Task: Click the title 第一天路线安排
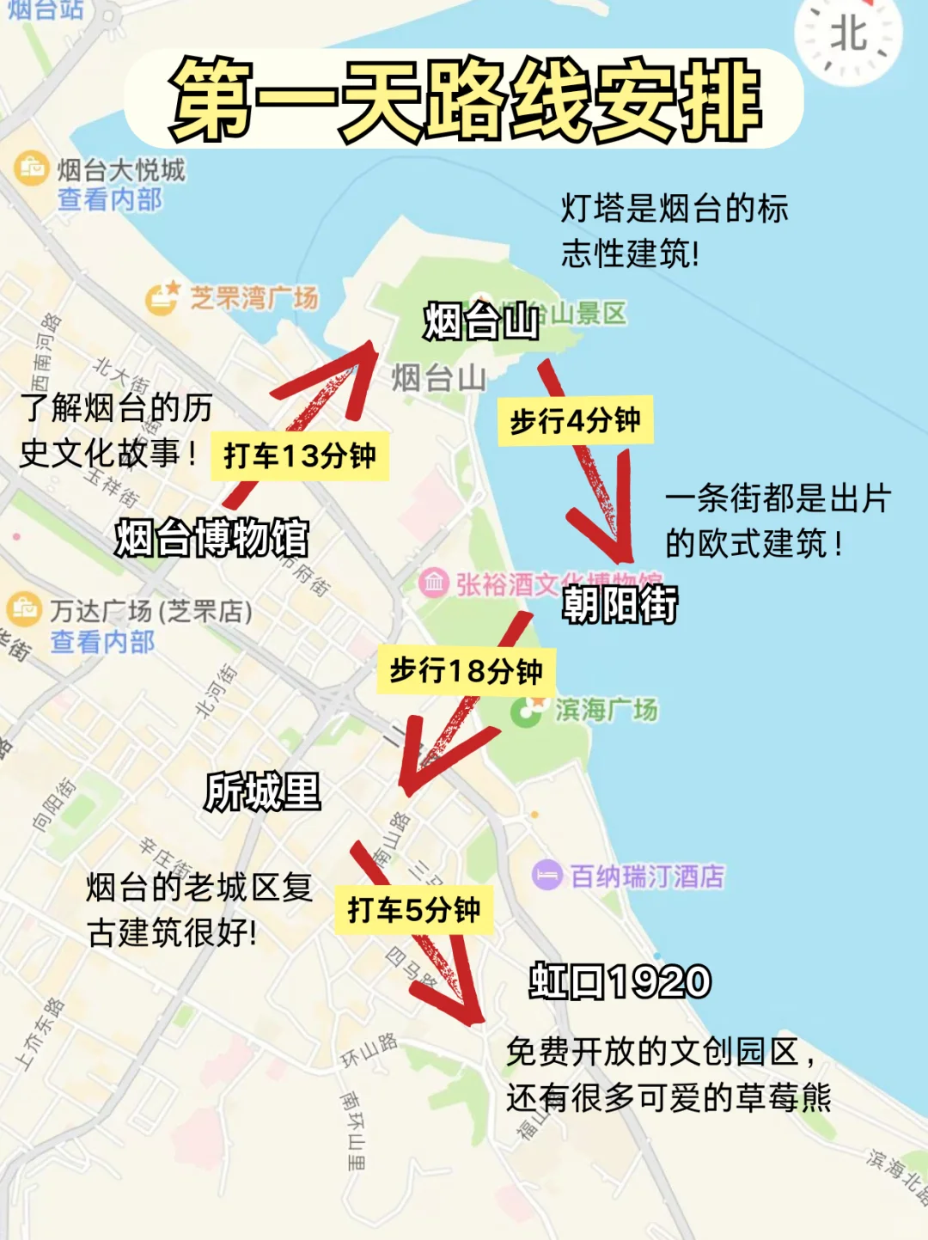(464, 100)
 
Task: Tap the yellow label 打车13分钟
(299, 455)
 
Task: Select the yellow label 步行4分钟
(575, 420)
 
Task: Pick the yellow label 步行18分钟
(466, 670)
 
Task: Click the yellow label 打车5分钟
(413, 909)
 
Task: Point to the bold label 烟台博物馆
(211, 538)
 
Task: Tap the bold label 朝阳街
(620, 604)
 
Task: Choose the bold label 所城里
(262, 791)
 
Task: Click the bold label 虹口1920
(620, 981)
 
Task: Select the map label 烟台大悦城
(121, 170)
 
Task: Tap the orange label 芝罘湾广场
(253, 298)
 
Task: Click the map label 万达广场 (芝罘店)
(150, 611)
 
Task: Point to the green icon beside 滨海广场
(525, 711)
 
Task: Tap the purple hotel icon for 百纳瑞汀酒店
(546, 876)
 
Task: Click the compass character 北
(848, 35)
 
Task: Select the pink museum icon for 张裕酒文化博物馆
(434, 583)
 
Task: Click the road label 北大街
(121, 376)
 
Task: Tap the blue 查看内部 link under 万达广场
(102, 642)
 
